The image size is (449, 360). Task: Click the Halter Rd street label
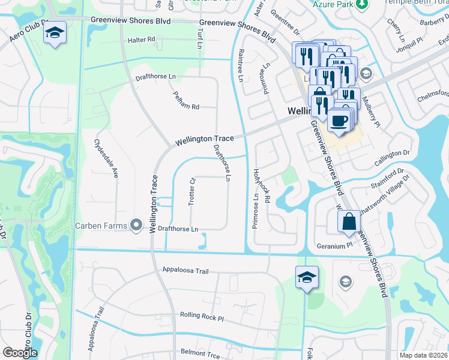pyautogui.click(x=142, y=40)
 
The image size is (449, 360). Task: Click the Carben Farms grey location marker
pyautogui.click(x=137, y=226)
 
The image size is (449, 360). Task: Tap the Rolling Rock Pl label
pyautogui.click(x=202, y=316)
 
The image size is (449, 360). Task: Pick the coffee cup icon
pyautogui.click(x=339, y=119)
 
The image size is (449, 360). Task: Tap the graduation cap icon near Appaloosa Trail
pyautogui.click(x=307, y=277)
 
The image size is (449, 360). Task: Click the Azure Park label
pyautogui.click(x=332, y=4)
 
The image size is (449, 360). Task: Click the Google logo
pyautogui.click(x=20, y=353)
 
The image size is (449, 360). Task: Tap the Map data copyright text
pyautogui.click(x=424, y=355)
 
